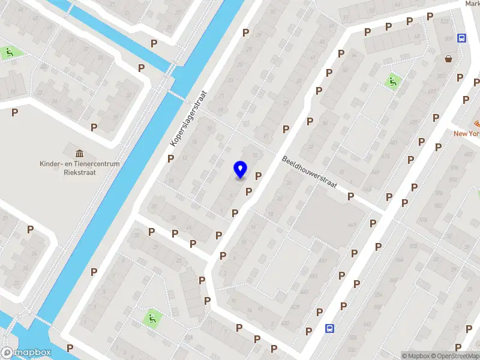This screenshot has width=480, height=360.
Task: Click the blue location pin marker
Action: tap(240, 169)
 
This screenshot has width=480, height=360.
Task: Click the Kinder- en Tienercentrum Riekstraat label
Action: tap(80, 167)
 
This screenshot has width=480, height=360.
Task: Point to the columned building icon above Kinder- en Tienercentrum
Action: tap(79, 154)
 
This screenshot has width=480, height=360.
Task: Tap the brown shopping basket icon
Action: tap(448, 59)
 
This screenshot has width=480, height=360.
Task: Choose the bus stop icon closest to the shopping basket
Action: tap(461, 38)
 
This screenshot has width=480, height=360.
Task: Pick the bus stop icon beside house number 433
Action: tap(329, 328)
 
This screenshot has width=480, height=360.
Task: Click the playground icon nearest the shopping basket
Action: tap(393, 81)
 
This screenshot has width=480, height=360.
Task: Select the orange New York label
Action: tap(466, 133)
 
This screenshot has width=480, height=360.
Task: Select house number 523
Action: tap(445, 22)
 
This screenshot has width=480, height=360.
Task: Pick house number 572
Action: tap(413, 247)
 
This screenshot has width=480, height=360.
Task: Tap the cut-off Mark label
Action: tap(472, 4)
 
